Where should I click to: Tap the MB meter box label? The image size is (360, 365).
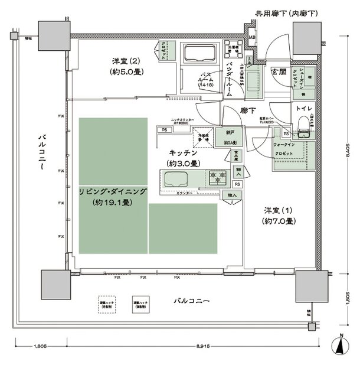point(252,39)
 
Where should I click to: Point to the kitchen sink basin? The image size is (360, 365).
point(175,179)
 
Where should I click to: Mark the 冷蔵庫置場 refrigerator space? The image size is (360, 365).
point(204,135)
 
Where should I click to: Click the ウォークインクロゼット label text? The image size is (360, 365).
point(287,147)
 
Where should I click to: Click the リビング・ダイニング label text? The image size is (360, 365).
point(113,193)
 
